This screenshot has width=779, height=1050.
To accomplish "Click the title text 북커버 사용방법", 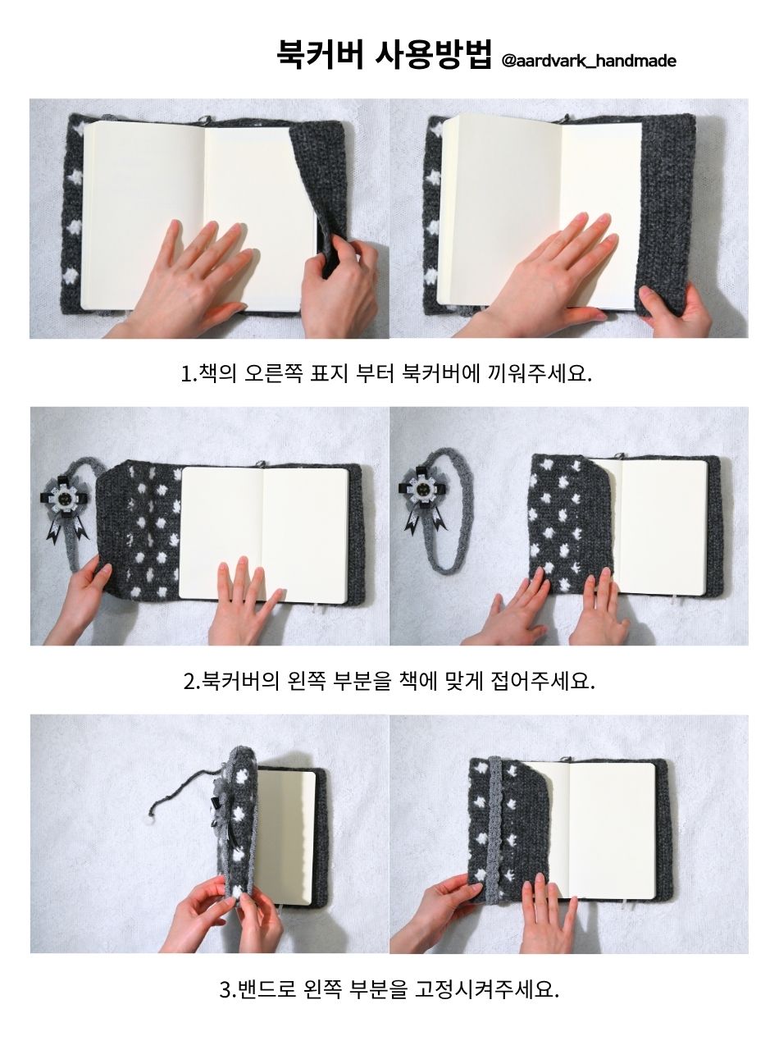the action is pos(384,54).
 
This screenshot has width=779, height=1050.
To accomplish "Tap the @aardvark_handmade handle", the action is pos(588,61).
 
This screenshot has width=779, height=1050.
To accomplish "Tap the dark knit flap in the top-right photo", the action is pos(666,213).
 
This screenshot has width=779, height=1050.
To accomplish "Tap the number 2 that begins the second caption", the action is pos(189,682).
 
